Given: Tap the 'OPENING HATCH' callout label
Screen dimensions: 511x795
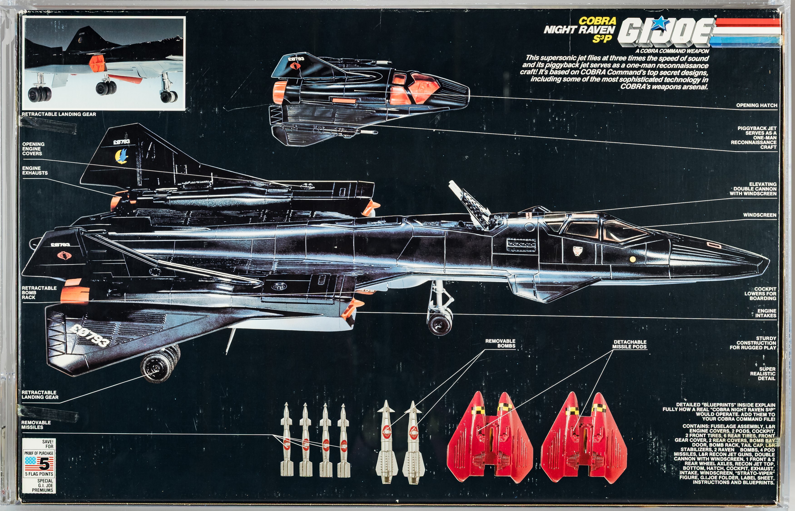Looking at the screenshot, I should pyautogui.click(x=757, y=105).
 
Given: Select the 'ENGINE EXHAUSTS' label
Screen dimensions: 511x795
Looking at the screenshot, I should pyautogui.click(x=35, y=171).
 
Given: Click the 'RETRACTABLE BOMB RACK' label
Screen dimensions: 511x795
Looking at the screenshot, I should pyautogui.click(x=39, y=293).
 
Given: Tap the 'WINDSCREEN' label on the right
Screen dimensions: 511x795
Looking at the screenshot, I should pyautogui.click(x=760, y=215).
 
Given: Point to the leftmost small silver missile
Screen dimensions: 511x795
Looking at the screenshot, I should pyautogui.click(x=287, y=441).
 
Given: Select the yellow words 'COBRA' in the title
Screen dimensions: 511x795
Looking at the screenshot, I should pyautogui.click(x=597, y=21).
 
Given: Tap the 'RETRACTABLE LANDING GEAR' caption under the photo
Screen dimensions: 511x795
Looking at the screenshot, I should pyautogui.click(x=59, y=114).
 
